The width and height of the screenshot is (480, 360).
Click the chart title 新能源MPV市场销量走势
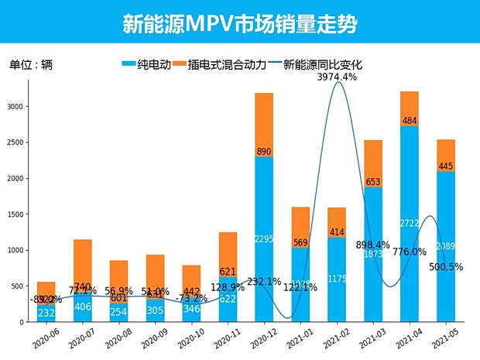(x=239, y=22)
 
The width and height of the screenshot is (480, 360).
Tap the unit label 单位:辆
(x=31, y=65)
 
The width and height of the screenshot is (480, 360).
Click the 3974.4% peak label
(x=337, y=77)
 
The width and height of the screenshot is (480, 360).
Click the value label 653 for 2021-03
(x=373, y=182)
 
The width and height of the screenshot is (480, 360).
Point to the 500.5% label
(x=447, y=266)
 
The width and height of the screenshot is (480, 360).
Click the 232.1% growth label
(x=265, y=282)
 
